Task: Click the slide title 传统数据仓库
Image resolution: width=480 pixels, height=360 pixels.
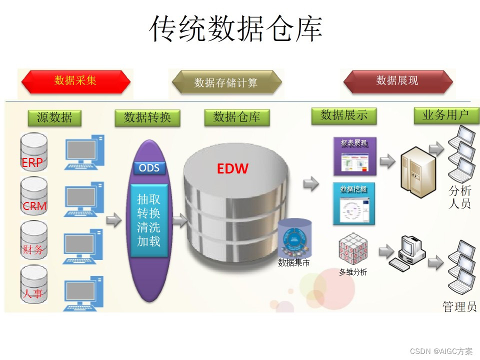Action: click(236, 29)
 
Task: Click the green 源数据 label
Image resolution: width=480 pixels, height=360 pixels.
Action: click(54, 117)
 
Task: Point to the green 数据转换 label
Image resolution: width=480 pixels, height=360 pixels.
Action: click(147, 117)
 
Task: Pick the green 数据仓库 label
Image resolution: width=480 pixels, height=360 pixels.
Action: click(236, 117)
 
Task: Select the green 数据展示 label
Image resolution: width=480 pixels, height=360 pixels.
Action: click(344, 115)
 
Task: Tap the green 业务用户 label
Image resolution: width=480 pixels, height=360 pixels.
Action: click(446, 115)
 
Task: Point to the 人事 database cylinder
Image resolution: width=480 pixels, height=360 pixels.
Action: click(34, 285)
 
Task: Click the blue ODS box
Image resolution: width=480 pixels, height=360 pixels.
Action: click(149, 167)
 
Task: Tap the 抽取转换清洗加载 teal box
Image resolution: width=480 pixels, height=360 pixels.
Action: click(148, 220)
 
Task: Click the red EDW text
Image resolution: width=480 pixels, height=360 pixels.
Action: click(232, 169)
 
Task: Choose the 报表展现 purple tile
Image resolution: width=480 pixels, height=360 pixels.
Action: click(354, 156)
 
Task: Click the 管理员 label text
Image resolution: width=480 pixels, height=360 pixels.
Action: click(459, 306)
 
